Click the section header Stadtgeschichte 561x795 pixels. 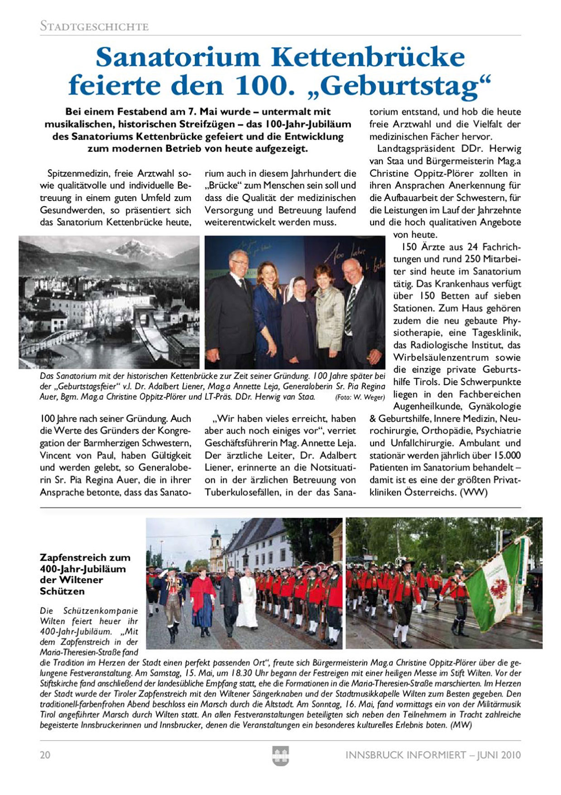pyautogui.click(x=94, y=26)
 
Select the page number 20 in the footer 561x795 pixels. pyautogui.click(x=45, y=755)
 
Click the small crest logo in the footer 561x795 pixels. pyautogui.click(x=280, y=756)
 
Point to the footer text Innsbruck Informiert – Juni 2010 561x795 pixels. pyautogui.click(x=433, y=755)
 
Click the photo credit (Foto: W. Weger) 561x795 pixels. pyautogui.click(x=360, y=397)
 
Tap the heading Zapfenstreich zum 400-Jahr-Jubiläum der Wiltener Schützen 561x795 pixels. pyautogui.click(x=85, y=574)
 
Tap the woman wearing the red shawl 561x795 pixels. pyautogui.click(x=202, y=598)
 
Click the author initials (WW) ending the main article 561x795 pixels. pyautogui.click(x=474, y=492)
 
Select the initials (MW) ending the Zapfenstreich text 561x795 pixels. pyautogui.click(x=461, y=725)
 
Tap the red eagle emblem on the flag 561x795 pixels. pyautogui.click(x=499, y=586)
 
